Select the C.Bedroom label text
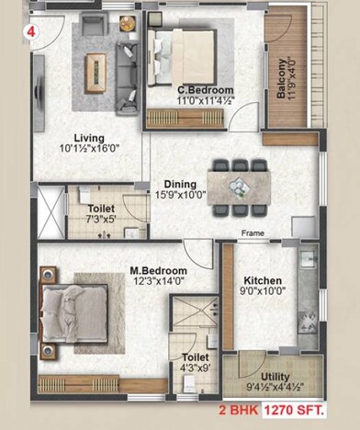click(197, 90)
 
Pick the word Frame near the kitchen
click(253, 233)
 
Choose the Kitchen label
click(264, 281)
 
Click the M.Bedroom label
click(158, 271)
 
